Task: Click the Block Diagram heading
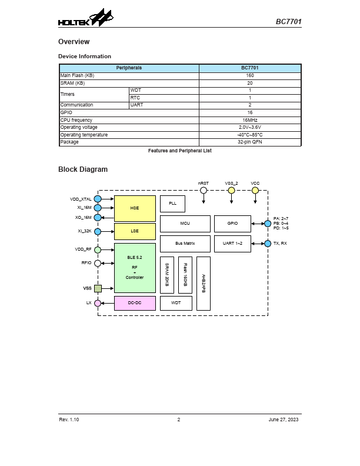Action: tap(82, 169)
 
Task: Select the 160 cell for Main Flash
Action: tap(250, 76)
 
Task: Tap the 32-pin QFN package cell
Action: tap(250, 142)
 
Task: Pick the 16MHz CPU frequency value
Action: tap(250, 120)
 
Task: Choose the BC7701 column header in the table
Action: tap(250, 68)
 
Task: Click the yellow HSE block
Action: tap(135, 208)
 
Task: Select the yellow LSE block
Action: tap(135, 232)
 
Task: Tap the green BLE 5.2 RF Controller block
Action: tap(135, 268)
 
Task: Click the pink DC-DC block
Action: tap(135, 303)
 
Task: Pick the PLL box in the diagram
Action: tap(172, 204)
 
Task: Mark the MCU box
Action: tap(185, 224)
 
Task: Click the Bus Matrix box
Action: tap(185, 243)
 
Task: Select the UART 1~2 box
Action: tap(232, 243)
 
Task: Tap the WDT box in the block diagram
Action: tap(175, 303)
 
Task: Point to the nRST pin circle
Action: tap(204, 190)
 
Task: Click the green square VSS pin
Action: tap(98, 288)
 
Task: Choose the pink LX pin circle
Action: tap(98, 303)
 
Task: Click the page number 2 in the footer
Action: tap(179, 419)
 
